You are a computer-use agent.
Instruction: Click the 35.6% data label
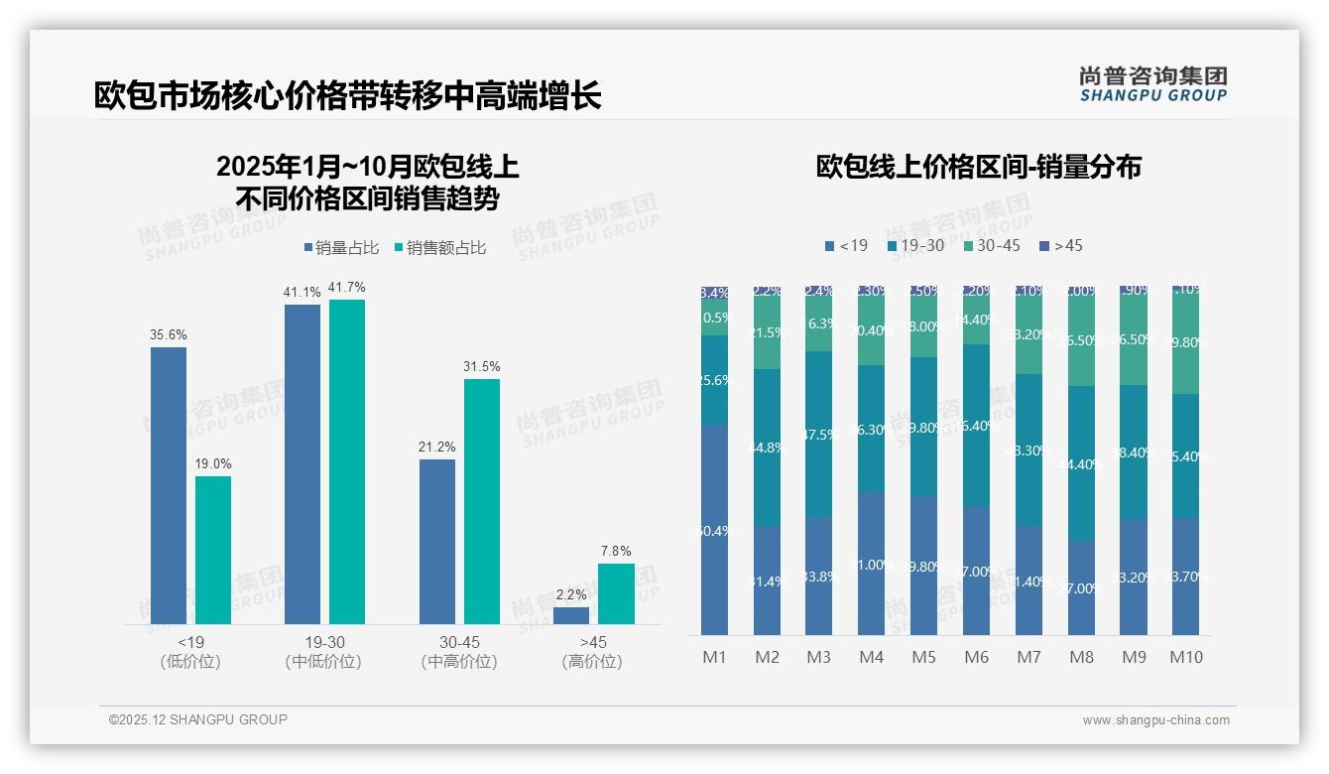169,335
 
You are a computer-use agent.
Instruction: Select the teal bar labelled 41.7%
347,461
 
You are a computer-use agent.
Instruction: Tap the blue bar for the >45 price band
571,615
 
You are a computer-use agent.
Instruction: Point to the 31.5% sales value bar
482,501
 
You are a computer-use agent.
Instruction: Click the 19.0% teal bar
213,550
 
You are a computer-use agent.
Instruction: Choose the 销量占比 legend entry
341,248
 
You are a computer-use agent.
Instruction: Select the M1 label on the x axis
714,657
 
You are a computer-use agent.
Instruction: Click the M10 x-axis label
1186,657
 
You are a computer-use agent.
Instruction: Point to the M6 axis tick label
976,657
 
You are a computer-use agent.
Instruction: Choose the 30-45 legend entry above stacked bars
991,245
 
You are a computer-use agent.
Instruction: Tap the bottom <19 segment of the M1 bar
714,530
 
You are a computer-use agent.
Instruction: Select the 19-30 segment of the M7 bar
1028,450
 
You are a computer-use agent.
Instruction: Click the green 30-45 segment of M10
1186,342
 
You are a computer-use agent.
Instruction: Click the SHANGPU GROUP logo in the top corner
1152,84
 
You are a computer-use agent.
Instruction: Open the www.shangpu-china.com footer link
1155,720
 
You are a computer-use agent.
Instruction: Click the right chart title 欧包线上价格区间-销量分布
978,167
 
